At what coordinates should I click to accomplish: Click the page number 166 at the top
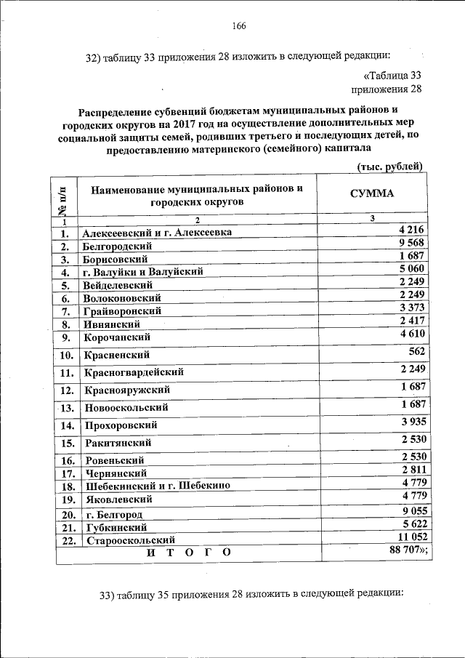pyautogui.click(x=240, y=26)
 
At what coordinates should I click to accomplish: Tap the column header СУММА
pyautogui.click(x=372, y=194)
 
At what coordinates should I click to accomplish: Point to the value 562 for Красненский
pyautogui.click(x=416, y=350)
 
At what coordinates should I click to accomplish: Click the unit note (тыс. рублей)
pyautogui.click(x=389, y=166)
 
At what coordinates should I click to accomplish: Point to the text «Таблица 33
pyautogui.click(x=392, y=76)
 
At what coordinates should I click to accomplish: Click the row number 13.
pyautogui.click(x=66, y=408)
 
